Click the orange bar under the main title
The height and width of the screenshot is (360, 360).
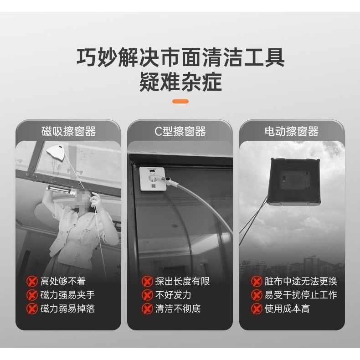tap(180, 101)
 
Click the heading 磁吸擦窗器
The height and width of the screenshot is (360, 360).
tap(68, 132)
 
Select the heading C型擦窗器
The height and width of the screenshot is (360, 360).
tap(180, 132)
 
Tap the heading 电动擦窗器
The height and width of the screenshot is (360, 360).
tap(291, 132)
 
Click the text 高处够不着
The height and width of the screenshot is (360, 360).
tap(63, 281)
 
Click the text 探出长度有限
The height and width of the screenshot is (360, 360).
tap(182, 281)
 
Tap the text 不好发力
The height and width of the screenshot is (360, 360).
tap(173, 295)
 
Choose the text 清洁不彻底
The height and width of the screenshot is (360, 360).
tap(178, 309)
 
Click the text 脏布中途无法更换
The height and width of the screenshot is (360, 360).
tap(301, 281)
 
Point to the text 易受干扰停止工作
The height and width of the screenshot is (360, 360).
tap(301, 295)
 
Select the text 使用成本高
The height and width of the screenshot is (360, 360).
tap(287, 309)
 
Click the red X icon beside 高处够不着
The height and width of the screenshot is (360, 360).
tap(32, 281)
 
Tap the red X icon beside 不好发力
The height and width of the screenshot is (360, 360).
tap(147, 295)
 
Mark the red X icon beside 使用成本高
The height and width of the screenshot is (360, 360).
tap(257, 309)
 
